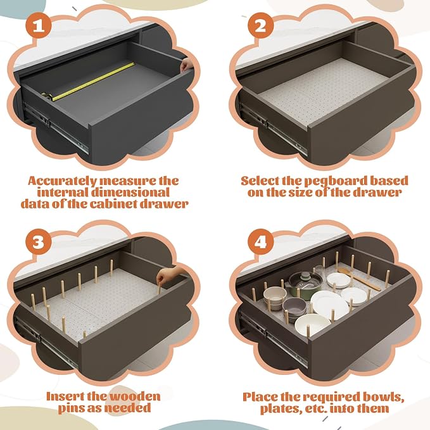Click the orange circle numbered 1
(39, 25)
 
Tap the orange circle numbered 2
(260, 25)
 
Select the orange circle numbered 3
(39, 242)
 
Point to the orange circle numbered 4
(260, 242)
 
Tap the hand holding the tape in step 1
(187, 65)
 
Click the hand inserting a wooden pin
(168, 275)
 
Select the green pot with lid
(305, 284)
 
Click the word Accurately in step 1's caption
(62, 181)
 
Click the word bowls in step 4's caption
(383, 397)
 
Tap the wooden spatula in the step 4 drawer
(360, 279)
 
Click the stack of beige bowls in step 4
(274, 298)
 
